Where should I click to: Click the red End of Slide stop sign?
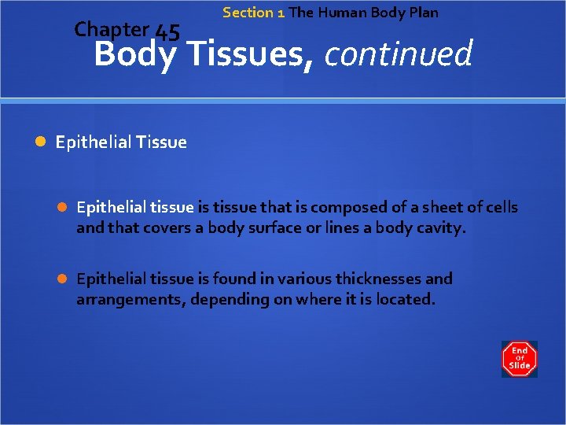tap(519, 358)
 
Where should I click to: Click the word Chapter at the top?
tap(111, 30)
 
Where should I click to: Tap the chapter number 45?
tap(167, 32)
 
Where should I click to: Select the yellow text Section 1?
tap(253, 13)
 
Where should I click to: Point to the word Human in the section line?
tap(340, 13)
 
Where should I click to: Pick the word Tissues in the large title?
tap(249, 55)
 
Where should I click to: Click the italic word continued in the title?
tap(398, 55)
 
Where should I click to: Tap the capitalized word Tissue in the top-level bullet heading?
tap(161, 142)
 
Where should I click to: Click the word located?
tap(404, 300)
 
